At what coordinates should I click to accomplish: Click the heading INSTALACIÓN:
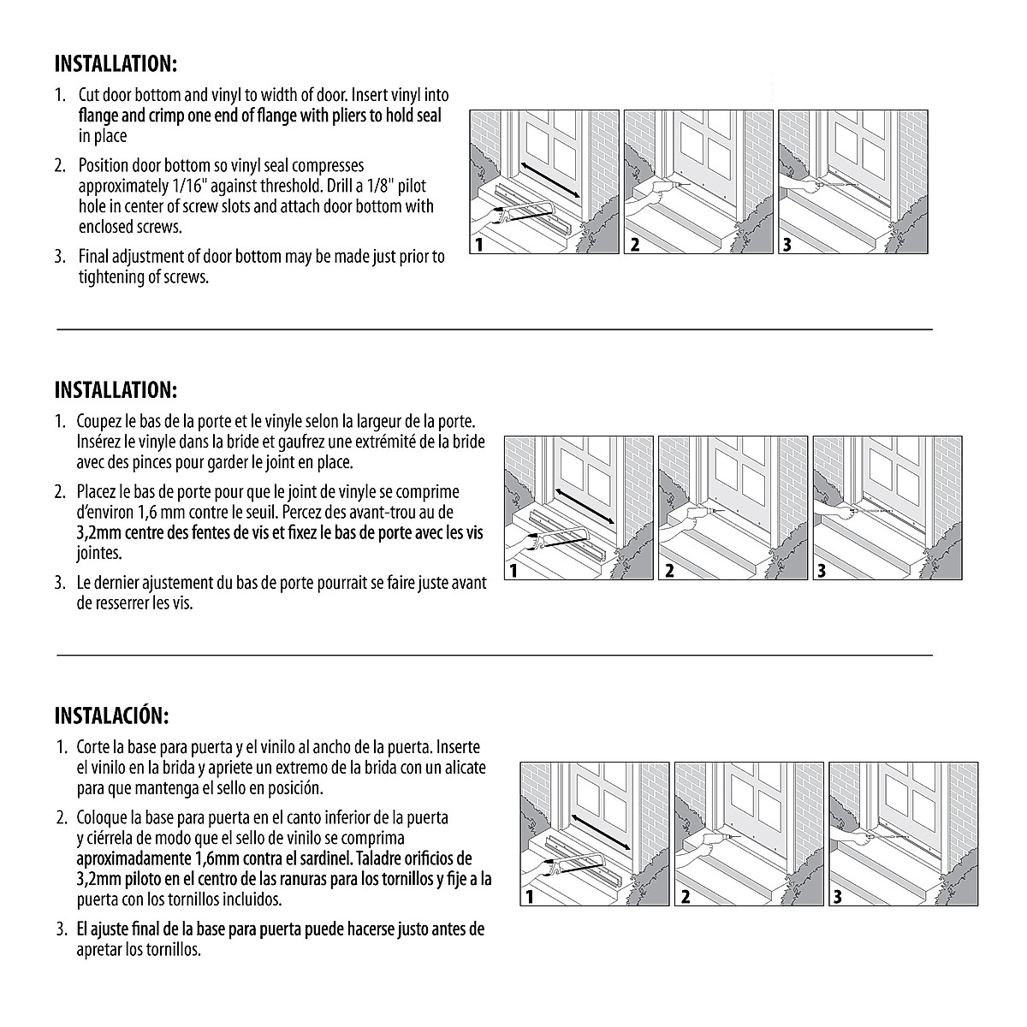click(111, 715)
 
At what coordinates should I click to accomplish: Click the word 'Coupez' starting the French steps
click(100, 422)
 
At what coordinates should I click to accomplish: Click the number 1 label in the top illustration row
click(479, 245)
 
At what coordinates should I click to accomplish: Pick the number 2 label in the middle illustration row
click(668, 571)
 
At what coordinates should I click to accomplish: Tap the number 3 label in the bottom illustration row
click(838, 897)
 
